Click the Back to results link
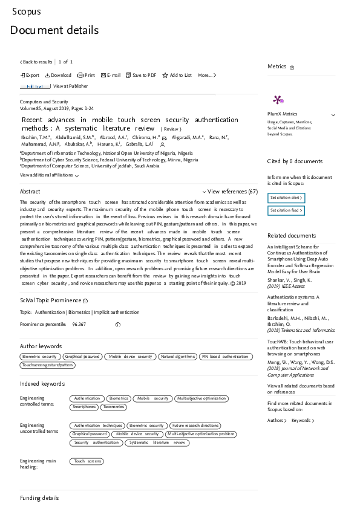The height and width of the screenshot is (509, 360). [36, 62]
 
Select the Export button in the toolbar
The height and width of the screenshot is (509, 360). [30, 75]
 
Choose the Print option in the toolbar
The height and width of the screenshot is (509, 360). [86, 75]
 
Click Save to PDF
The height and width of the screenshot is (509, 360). [141, 75]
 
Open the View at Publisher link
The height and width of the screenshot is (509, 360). [70, 86]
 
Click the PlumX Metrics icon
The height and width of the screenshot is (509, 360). [278, 100]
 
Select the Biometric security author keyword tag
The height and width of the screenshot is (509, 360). [41, 357]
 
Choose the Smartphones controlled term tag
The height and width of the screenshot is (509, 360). [84, 407]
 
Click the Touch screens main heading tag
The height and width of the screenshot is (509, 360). [87, 461]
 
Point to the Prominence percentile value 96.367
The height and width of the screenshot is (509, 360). [79, 325]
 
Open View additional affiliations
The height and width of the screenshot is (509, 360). [49, 175]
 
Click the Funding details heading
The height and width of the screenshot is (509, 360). [39, 498]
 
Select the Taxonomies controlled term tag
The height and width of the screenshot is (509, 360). [114, 407]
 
